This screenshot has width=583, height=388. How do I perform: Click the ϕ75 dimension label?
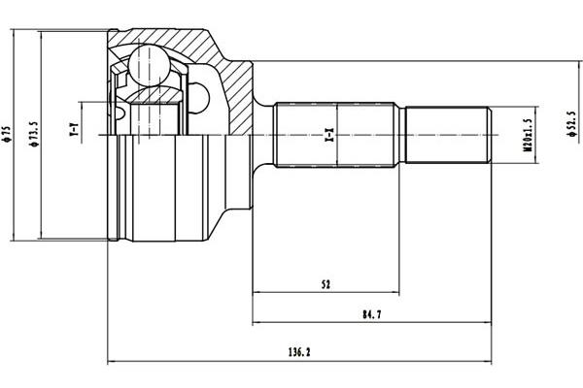click(7, 135)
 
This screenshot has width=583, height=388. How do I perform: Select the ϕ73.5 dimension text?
click(34, 134)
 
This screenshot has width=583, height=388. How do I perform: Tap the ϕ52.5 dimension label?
click(572, 123)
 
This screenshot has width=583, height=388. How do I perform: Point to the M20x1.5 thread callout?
click(528, 135)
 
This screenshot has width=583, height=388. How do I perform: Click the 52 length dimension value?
click(326, 285)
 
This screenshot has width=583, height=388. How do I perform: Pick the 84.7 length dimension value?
click(372, 315)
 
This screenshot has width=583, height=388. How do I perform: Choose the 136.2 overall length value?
click(299, 352)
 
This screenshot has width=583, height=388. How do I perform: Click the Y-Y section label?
click(75, 128)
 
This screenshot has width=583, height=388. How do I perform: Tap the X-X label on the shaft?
click(329, 135)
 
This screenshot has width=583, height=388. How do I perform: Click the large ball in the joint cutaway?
click(149, 66)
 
